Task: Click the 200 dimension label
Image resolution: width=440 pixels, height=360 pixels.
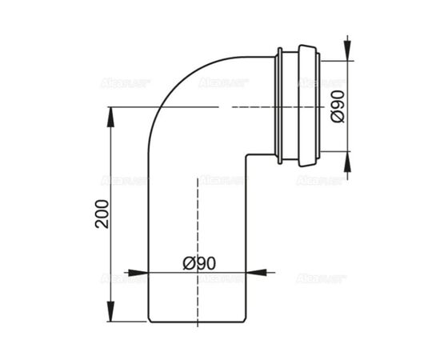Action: point(101,213)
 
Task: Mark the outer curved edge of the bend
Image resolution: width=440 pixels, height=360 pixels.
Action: point(164,88)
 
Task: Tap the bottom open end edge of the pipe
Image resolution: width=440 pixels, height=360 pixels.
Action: point(196,319)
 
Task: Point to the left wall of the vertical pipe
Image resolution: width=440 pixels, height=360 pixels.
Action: point(147,240)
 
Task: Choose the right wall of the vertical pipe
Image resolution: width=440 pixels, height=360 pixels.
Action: point(246,240)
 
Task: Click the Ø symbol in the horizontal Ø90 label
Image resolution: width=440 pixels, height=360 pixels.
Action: point(187,262)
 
